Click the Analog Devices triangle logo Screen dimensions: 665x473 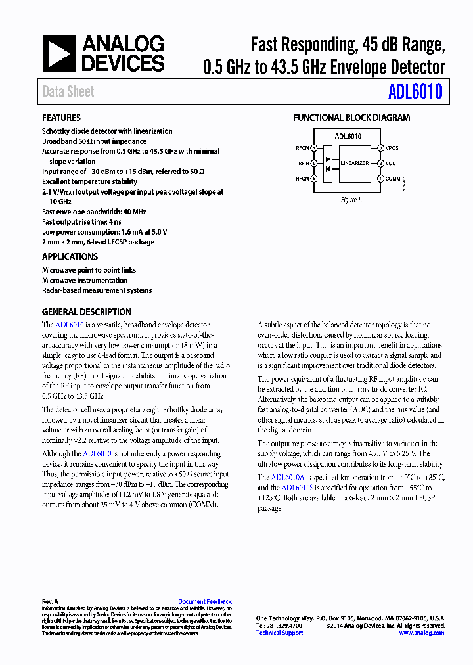click(x=60, y=54)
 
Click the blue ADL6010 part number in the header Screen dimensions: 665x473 click(x=415, y=92)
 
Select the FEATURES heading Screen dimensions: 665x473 click(x=61, y=118)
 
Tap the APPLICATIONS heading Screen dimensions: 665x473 click(x=70, y=256)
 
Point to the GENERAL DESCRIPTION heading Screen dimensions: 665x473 click(x=87, y=312)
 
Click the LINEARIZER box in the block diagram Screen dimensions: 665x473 click(x=354, y=163)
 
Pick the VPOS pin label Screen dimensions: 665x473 click(x=392, y=148)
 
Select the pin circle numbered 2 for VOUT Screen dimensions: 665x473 click(x=380, y=164)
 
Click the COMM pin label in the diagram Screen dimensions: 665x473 click(x=393, y=179)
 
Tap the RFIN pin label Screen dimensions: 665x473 click(x=303, y=164)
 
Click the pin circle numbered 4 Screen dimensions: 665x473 click(x=314, y=148)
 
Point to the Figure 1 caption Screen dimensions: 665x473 click(x=351, y=200)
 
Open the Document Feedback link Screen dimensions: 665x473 click(x=205, y=601)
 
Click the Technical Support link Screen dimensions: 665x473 click(x=279, y=633)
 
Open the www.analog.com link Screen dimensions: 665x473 click(x=421, y=633)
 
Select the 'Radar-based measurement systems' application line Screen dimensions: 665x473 click(x=97, y=290)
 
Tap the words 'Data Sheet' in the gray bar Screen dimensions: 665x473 click(x=68, y=92)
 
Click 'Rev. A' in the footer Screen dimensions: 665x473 click(x=50, y=601)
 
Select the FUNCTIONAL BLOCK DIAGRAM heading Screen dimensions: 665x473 click(x=351, y=118)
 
